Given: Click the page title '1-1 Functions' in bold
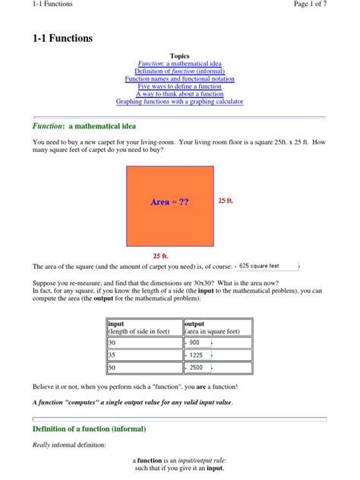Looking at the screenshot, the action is coord(62,38).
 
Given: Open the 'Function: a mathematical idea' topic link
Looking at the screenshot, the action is coord(180,64).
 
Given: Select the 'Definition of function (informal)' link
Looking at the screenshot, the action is coord(180,71).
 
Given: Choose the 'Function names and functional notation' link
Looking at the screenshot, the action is coord(180,79).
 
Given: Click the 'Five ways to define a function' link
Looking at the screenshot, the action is coord(180,87).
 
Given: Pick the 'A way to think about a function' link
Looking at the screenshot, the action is coord(180,94).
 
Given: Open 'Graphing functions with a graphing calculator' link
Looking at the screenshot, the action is coord(180,102).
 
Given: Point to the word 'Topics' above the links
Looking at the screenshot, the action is coord(180,56).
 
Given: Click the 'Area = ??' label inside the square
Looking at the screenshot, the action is coord(169,202).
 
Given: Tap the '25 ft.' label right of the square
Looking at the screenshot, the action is coord(226,201).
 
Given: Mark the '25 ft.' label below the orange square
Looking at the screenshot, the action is coord(160,256).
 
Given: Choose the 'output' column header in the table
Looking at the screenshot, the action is coord(195,324).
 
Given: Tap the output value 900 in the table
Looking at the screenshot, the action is coord(196,343).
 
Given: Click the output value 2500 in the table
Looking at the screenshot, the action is coord(196,368).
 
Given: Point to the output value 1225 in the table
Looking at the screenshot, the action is coord(196,355).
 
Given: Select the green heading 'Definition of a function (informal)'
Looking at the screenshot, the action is coord(89,429).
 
